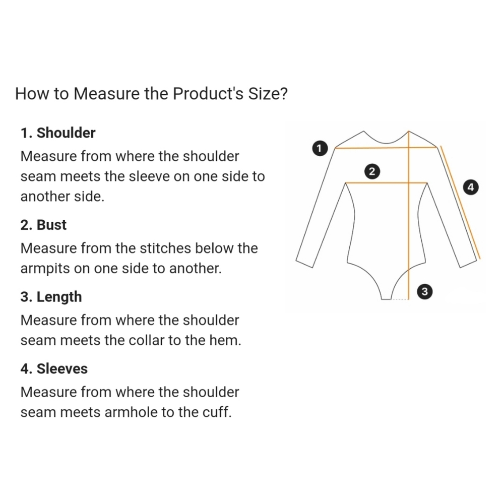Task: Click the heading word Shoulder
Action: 66,133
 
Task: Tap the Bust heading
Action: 51,225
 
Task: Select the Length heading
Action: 59,297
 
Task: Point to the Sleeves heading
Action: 62,369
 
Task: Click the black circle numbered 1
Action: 320,148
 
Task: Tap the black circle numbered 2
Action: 372,171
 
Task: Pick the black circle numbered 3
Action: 424,291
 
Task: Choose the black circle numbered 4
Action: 471,187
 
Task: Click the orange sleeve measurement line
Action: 460,202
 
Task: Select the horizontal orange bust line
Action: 386,183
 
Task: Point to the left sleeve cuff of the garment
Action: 304,262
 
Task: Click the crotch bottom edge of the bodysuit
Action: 386,299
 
